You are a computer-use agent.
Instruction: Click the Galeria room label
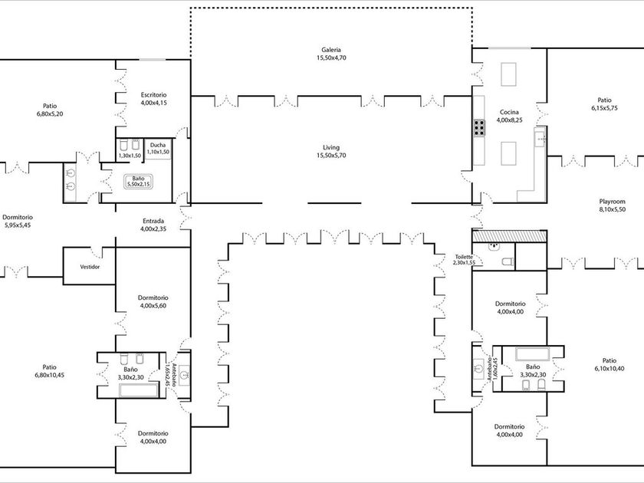331,50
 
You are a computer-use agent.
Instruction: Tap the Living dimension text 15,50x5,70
331,155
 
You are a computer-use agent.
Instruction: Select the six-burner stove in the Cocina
479,128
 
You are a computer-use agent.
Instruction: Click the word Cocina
509,112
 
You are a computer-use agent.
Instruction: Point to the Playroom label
612,202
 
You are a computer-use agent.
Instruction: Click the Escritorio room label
153,95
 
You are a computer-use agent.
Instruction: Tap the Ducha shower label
158,145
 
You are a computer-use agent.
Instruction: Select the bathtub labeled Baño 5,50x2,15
139,182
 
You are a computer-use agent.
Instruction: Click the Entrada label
153,221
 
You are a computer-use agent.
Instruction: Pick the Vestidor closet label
90,267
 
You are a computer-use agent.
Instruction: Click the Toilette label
464,257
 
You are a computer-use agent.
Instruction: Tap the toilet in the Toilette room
508,261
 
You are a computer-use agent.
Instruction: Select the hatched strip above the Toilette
509,236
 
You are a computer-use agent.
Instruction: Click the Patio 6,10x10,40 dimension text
609,369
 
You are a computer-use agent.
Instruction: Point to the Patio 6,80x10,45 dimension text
49,375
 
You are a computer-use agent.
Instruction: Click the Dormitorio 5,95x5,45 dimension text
18,225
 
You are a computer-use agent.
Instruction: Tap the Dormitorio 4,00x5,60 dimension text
153,306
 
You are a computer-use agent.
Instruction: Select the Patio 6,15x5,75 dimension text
605,108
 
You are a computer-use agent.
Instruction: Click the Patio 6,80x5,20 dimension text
50,113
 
